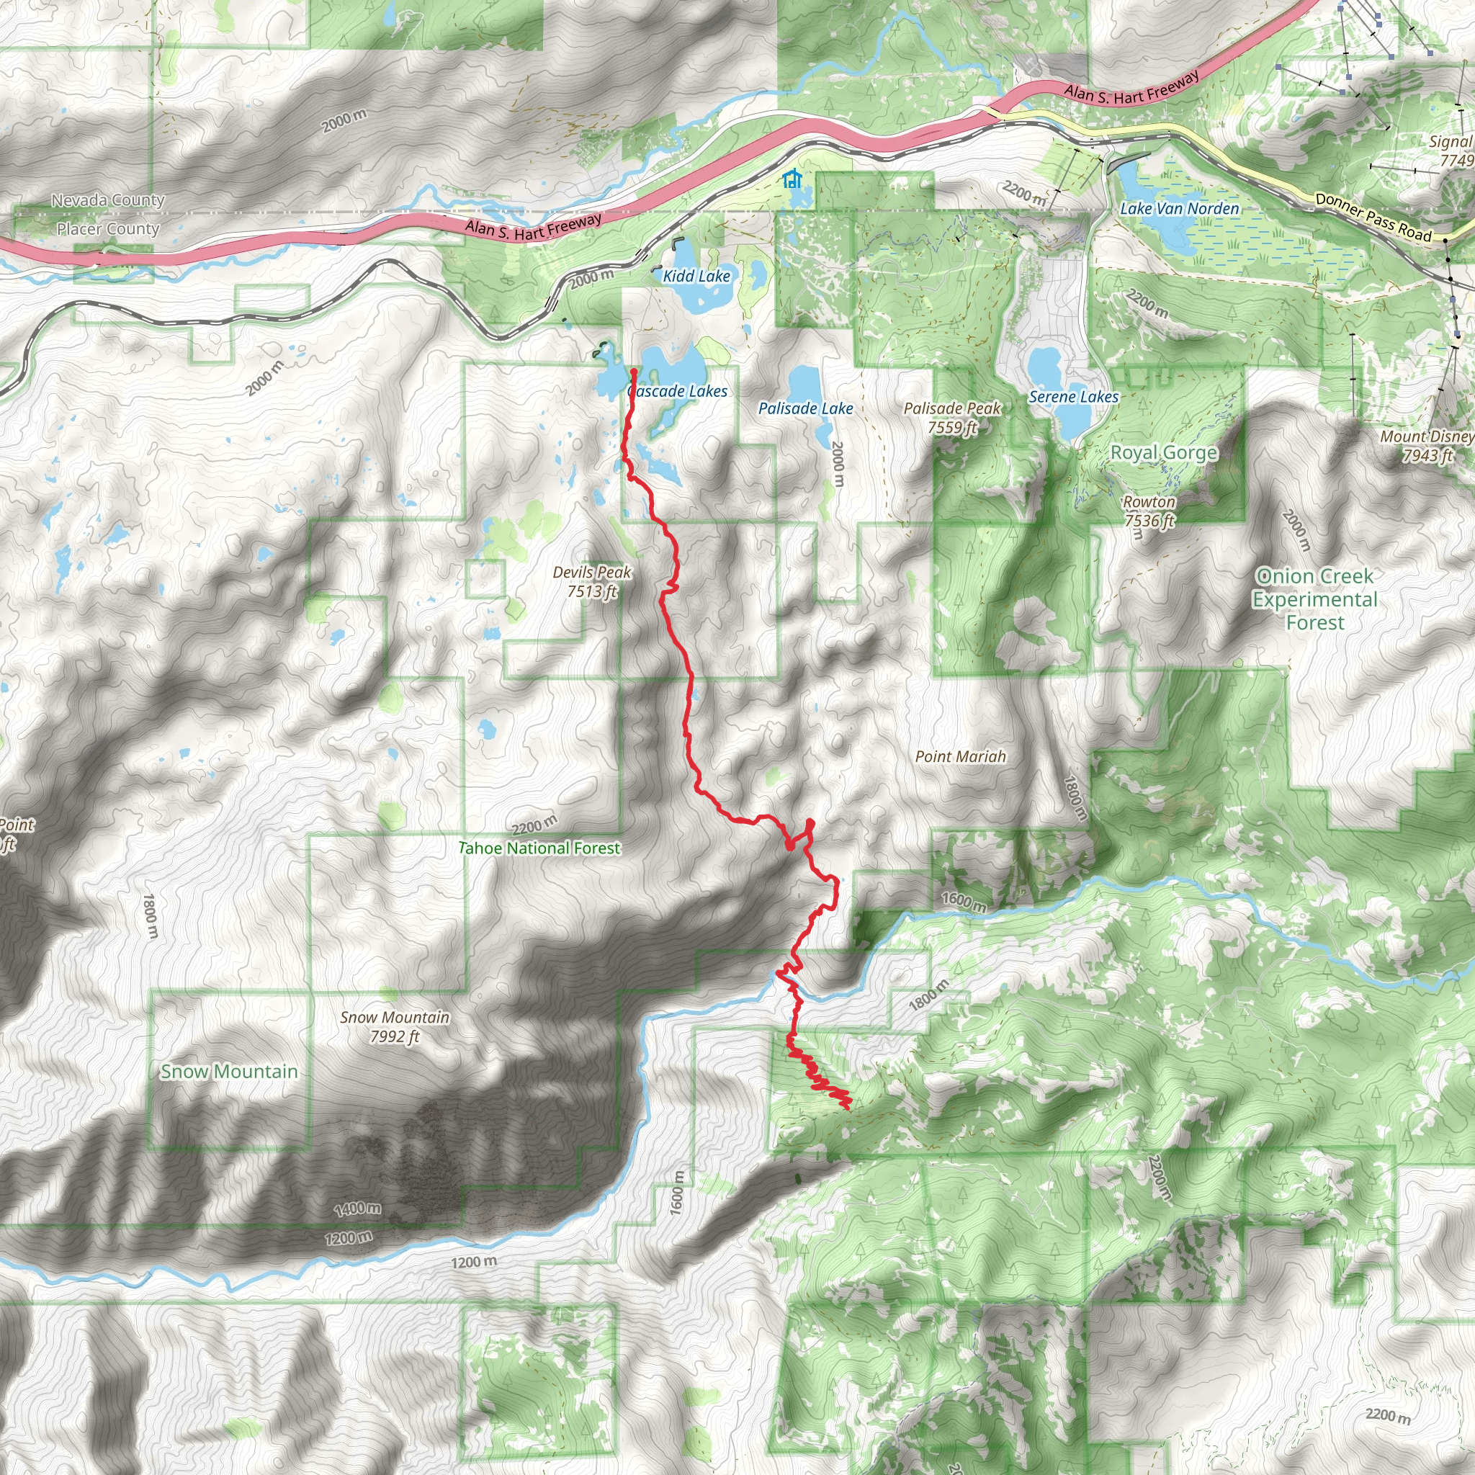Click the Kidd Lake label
click(696, 277)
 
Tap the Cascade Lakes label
click(677, 392)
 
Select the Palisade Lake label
click(805, 408)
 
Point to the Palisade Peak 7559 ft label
click(952, 418)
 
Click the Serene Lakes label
click(1072, 397)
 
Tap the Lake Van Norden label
click(1180, 208)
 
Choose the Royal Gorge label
click(1164, 453)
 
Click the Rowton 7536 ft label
click(1149, 511)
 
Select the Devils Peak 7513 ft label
click(592, 581)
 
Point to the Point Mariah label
click(961, 757)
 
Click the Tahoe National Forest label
click(539, 848)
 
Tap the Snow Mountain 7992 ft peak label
click(395, 1026)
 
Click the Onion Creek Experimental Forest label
click(1314, 599)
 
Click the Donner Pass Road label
click(1373, 218)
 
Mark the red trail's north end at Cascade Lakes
click(634, 372)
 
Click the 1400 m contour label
click(357, 1209)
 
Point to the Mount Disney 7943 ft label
click(1426, 446)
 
